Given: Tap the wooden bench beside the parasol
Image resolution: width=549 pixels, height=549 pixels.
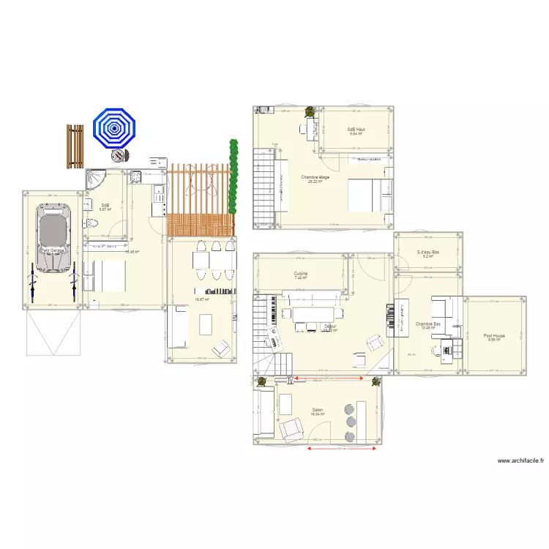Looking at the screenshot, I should coord(75,146).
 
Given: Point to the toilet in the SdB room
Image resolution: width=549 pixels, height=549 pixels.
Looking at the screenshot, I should coord(89,225).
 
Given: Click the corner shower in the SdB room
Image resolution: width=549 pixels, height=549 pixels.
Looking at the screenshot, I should coord(95,179).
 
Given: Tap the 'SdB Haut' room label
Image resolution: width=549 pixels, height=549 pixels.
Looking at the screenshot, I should coord(356,130).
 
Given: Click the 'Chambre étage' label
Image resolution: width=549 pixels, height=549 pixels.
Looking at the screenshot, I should coord(315,177).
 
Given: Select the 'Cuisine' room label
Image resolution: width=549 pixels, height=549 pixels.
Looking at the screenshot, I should coord(301,274).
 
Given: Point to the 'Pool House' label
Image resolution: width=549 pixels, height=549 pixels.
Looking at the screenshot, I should coord(494,336).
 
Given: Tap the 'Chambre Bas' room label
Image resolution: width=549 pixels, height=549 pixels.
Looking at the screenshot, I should coord(427,324).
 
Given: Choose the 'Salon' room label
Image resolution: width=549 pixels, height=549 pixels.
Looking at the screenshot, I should coord(318,410).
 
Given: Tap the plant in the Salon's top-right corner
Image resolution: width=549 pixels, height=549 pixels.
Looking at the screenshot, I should coord(376,381).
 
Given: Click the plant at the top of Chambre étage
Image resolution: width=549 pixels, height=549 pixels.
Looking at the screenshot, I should coord(310,113).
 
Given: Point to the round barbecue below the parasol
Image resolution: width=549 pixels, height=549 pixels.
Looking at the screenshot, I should coord(117,156).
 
